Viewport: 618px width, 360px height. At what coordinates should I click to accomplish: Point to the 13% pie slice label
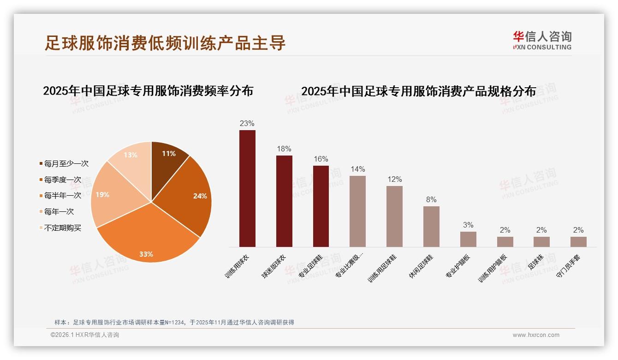tap(131, 155)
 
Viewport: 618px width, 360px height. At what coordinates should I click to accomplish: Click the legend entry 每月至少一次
tap(66, 163)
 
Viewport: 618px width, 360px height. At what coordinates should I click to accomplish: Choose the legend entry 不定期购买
tap(63, 228)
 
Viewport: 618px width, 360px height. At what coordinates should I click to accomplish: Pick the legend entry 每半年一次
tap(63, 195)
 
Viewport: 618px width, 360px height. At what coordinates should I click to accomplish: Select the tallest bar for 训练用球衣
tap(247, 189)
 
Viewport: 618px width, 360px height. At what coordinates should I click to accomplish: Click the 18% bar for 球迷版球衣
tap(284, 202)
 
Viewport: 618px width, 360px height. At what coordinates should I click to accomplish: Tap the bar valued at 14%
tap(357, 211)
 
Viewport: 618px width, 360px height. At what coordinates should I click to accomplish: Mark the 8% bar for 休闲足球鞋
tap(431, 227)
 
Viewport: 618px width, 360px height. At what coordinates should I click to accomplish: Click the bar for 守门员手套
tap(578, 242)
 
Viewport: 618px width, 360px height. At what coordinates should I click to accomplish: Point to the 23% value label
tap(247, 124)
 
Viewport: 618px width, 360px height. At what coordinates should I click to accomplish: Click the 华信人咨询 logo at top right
tap(542, 40)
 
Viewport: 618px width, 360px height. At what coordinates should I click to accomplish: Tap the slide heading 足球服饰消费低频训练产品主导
tap(165, 43)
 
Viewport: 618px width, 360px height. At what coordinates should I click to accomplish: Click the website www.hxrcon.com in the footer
tap(536, 335)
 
